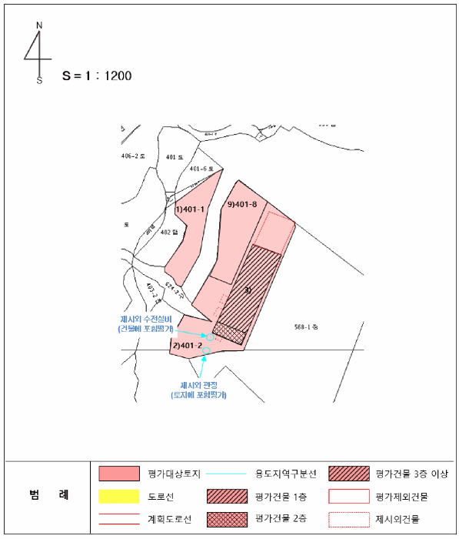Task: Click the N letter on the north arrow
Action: point(38,25)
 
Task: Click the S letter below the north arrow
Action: point(39,80)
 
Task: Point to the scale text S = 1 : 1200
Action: point(98,76)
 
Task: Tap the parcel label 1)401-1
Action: point(189,209)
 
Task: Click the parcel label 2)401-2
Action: point(188,346)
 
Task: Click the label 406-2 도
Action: point(134,156)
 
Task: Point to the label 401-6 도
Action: point(201,169)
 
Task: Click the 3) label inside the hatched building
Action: point(247,290)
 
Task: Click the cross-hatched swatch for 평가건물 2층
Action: point(228,518)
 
